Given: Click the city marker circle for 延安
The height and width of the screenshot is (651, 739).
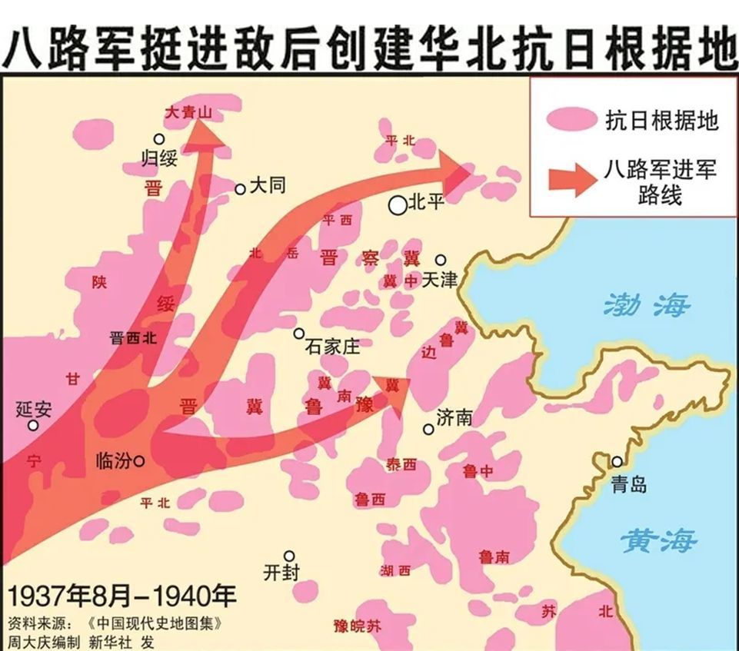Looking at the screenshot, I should coord(33,425).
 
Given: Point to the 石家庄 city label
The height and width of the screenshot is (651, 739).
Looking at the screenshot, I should coord(332,347).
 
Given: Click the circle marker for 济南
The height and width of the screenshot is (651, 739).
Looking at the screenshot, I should coord(428,429).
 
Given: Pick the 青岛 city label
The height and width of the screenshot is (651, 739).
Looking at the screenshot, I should coord(629,484).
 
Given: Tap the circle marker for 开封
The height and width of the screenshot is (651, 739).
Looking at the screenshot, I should coord(289,556).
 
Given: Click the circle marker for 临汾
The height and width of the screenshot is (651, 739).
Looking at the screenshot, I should coord(139,461).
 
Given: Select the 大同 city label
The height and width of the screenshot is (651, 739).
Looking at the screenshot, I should coord(268,187).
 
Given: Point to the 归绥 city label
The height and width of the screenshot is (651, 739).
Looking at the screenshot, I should coord(160,158).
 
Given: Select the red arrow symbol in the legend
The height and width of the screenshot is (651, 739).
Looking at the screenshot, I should coord(572,178).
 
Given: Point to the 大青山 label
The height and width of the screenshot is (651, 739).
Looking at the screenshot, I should coord(188,113).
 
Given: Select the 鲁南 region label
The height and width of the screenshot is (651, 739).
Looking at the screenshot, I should coord(493,556).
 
